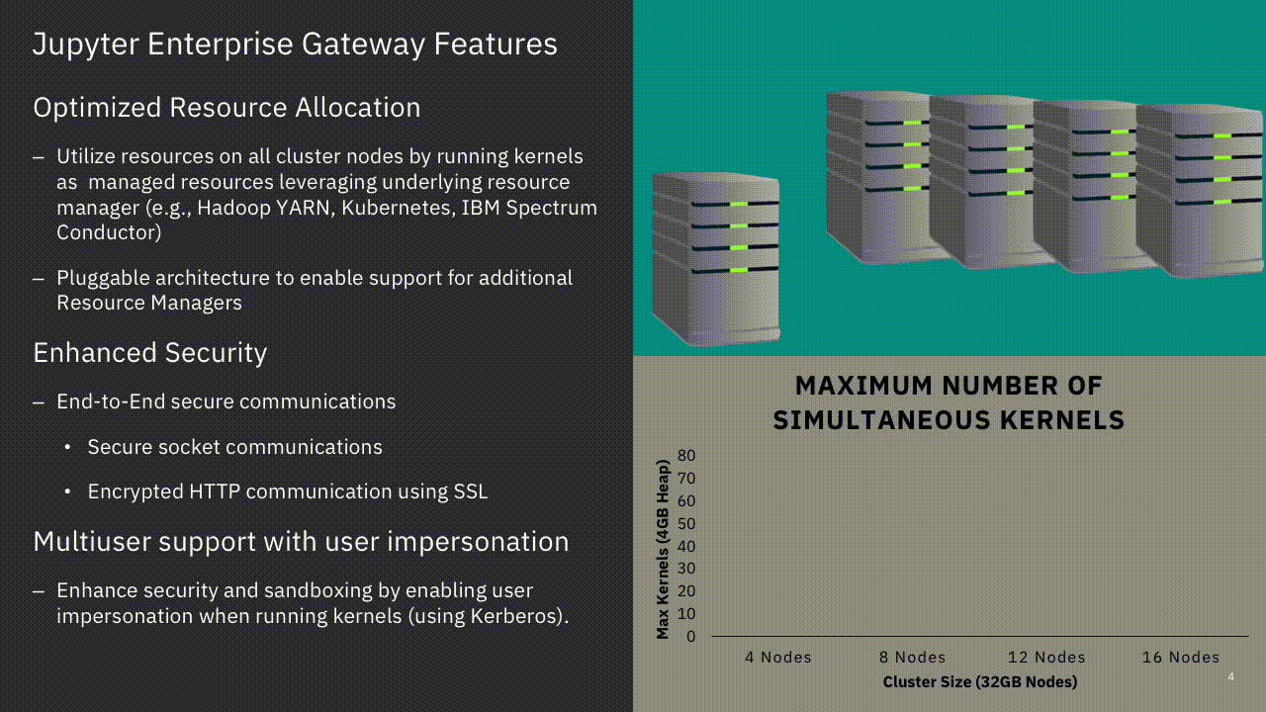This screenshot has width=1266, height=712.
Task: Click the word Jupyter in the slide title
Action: [86, 44]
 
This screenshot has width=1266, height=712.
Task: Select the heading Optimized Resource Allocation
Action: [226, 108]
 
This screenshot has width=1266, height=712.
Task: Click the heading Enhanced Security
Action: [149, 353]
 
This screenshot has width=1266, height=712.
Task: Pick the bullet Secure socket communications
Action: [234, 447]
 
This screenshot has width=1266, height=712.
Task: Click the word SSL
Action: [470, 491]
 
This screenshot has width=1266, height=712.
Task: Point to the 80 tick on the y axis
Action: [686, 456]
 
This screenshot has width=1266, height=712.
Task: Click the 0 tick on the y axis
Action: [690, 637]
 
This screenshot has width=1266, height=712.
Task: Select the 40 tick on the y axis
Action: [686, 547]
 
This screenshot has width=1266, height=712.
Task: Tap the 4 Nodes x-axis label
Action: [778, 658]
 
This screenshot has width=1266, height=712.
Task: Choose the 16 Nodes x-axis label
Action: [1181, 658]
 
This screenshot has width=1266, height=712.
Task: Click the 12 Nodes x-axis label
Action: [1046, 658]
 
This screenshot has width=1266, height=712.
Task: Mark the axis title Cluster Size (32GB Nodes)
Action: [980, 682]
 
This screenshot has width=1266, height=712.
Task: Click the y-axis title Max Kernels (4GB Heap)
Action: [663, 549]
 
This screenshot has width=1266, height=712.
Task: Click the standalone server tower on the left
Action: [716, 259]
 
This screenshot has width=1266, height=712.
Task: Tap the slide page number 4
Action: [1231, 676]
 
